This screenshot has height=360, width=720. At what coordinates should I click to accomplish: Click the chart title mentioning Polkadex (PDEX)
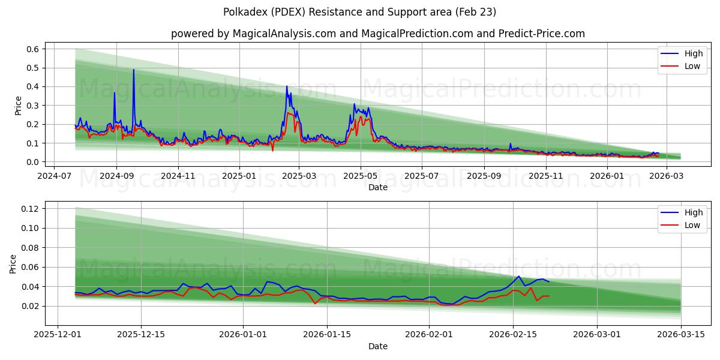359,12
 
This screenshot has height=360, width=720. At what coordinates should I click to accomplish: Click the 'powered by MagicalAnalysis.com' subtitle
377,34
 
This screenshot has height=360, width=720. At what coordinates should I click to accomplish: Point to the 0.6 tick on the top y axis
32,49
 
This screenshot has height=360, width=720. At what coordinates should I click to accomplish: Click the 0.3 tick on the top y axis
32,106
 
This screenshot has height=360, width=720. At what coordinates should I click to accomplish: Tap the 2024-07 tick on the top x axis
55,176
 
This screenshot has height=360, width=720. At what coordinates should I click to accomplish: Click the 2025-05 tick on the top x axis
361,176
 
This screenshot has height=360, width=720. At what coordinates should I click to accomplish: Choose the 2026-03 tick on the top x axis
664,176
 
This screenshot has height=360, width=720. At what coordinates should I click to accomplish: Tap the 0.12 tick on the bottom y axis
30,209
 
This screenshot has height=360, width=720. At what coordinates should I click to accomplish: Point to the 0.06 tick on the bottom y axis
30,267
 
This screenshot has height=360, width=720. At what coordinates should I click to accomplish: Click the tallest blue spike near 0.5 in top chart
133,70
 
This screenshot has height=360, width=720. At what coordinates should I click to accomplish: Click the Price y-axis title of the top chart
19,106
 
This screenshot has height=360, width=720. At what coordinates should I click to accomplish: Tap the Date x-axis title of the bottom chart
377,346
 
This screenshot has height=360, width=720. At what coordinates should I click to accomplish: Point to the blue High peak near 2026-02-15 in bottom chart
518,277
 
